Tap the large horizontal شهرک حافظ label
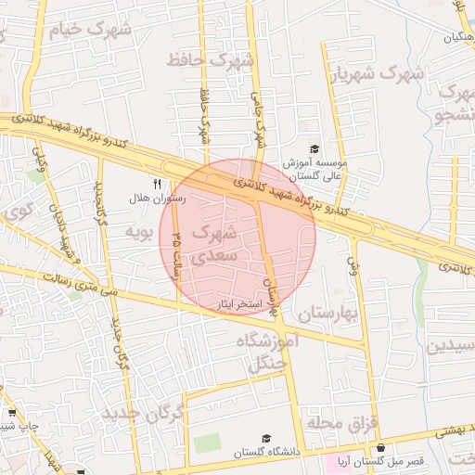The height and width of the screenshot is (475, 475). pyautogui.click(x=211, y=61)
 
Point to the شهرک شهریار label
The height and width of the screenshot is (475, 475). pyautogui.click(x=377, y=73)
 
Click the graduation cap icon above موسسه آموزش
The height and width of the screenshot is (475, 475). pyautogui.click(x=315, y=148)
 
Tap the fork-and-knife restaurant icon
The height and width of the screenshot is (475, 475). pyautogui.click(x=157, y=184)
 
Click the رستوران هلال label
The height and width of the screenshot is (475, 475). pyautogui.click(x=157, y=198)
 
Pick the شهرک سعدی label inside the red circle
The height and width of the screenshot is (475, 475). pyautogui.click(x=216, y=241)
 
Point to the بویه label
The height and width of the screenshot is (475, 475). pyautogui.click(x=137, y=231)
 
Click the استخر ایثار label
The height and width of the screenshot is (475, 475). pyautogui.click(x=240, y=303)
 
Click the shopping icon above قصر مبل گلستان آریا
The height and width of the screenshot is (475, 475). pyautogui.click(x=380, y=448)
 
